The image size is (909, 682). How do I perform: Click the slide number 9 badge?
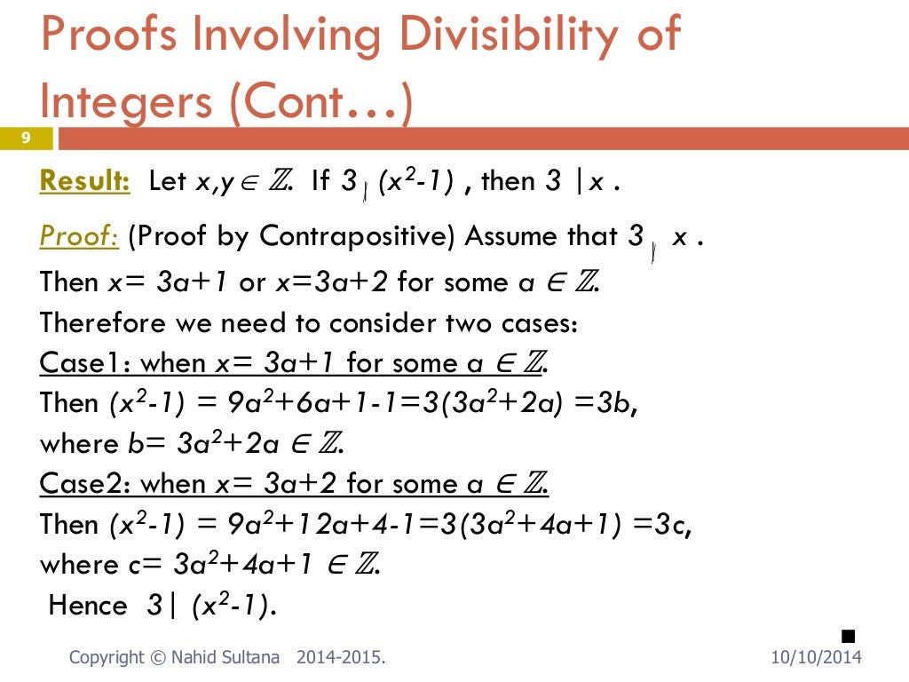[27, 138]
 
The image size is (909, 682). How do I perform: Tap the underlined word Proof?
[79, 237]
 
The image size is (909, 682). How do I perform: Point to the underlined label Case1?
[86, 362]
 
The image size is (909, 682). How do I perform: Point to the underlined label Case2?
[86, 484]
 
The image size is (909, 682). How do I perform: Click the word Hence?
[88, 606]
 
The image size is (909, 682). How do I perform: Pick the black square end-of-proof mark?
[847, 635]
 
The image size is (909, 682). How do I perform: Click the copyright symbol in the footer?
[156, 658]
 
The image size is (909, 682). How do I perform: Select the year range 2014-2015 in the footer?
[340, 658]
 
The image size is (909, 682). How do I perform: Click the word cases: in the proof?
[542, 321]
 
